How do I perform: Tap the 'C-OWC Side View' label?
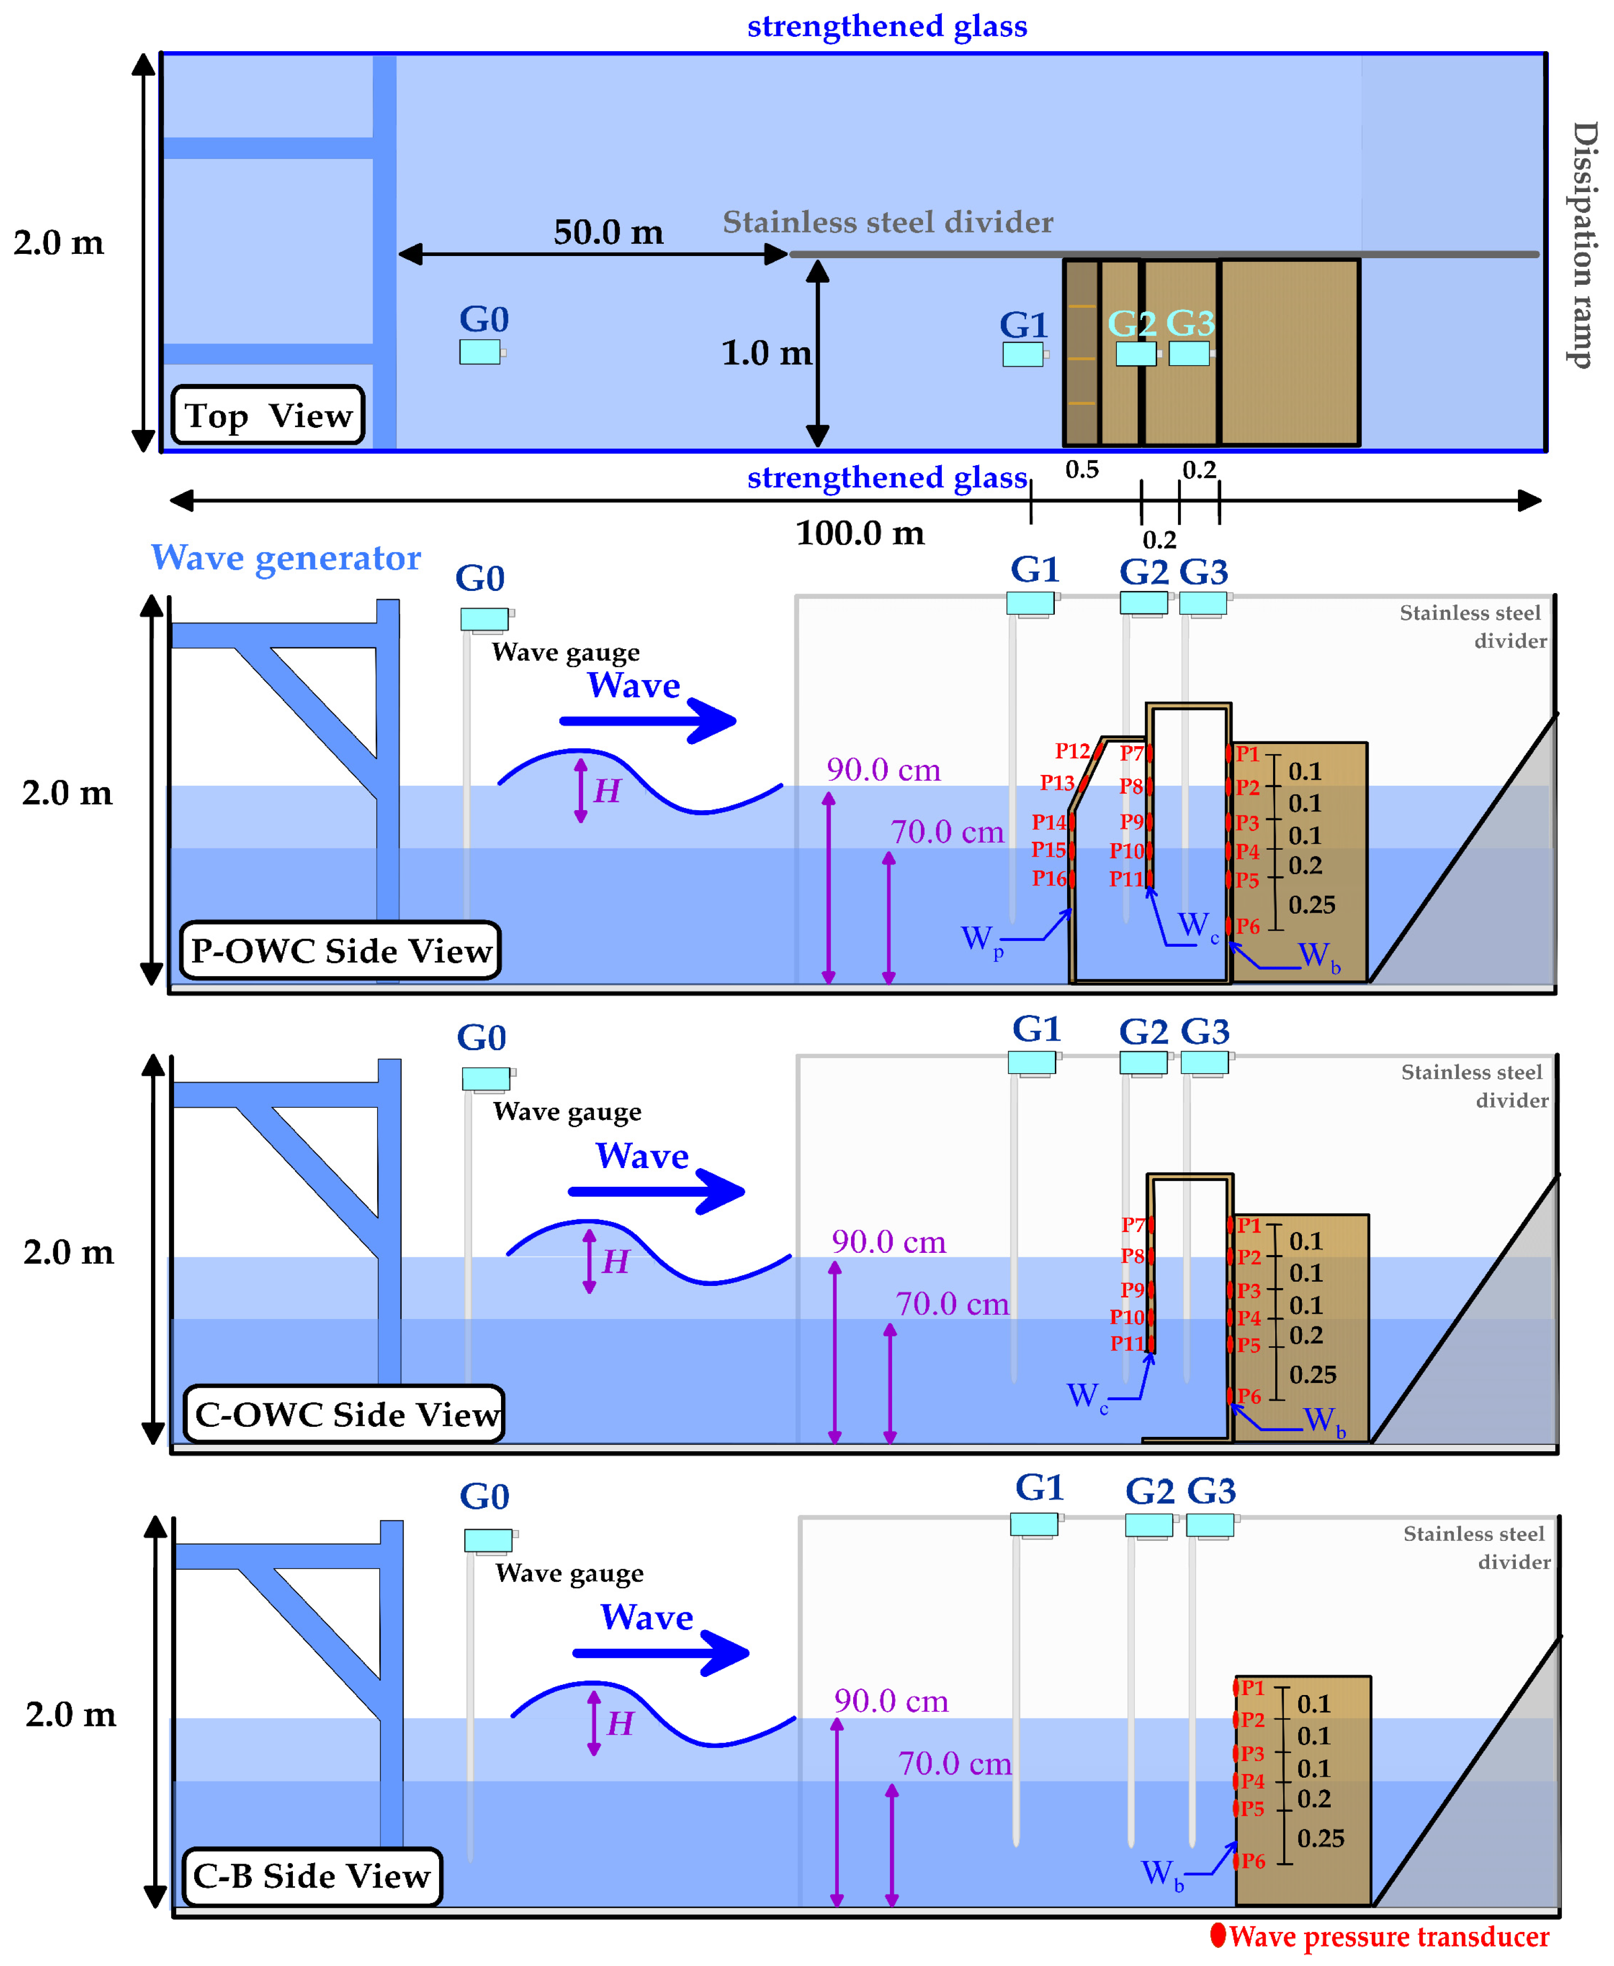(x=345, y=1414)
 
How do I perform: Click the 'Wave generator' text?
(x=285, y=558)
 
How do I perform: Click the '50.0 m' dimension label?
(x=608, y=231)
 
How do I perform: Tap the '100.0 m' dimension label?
(x=860, y=533)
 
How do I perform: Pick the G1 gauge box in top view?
(x=1023, y=354)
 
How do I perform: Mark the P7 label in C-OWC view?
(x=1132, y=1225)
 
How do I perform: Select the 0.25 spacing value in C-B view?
(x=1320, y=1837)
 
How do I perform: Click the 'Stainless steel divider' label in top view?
(x=888, y=222)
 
